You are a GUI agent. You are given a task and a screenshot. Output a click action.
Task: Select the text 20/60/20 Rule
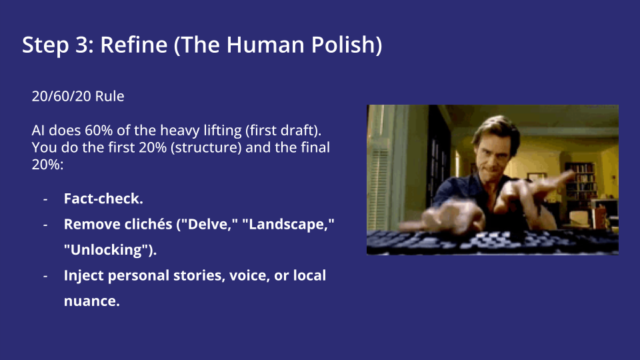(x=78, y=96)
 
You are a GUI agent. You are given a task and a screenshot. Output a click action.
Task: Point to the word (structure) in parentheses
(x=205, y=147)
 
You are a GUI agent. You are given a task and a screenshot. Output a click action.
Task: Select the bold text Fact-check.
(x=103, y=199)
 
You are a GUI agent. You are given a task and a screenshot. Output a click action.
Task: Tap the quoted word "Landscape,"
(x=287, y=225)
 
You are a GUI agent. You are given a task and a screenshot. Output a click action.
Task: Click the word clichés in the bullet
(x=148, y=225)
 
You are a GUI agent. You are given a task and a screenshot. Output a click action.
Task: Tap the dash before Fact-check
(x=45, y=199)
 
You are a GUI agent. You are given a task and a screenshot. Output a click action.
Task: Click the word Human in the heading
(x=263, y=45)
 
